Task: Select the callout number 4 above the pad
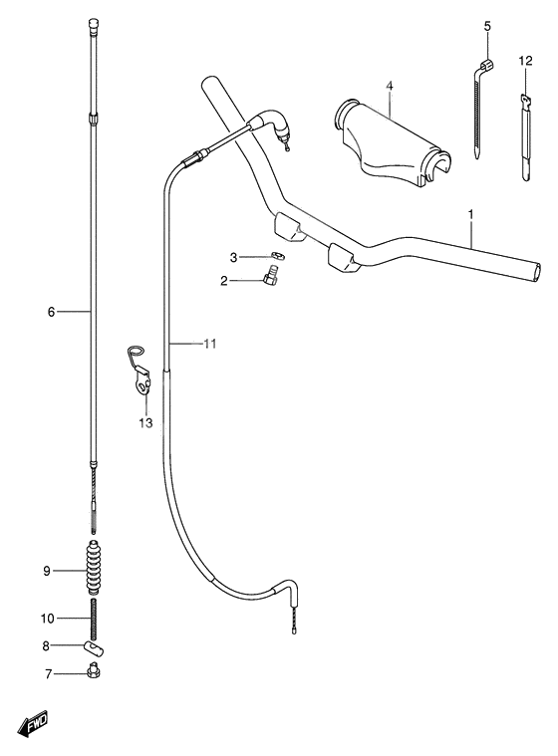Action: click(390, 87)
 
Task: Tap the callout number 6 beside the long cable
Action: click(50, 312)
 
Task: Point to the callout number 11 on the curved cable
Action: click(209, 344)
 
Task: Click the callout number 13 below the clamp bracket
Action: click(145, 423)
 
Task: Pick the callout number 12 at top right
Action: click(525, 63)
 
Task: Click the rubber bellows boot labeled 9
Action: click(95, 571)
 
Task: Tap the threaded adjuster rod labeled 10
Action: click(95, 619)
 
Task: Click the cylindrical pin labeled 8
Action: click(97, 646)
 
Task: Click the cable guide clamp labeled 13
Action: click(141, 374)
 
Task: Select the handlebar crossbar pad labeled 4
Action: click(393, 141)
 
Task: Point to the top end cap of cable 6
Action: click(94, 20)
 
